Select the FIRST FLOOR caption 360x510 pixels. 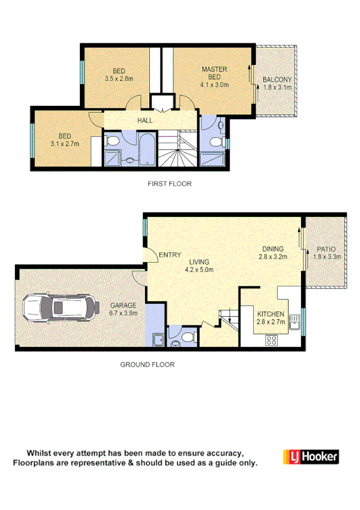(169, 184)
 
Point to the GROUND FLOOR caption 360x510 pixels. (147, 364)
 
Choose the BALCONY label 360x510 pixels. (277, 79)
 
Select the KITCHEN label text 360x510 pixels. (270, 314)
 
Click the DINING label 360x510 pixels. (273, 249)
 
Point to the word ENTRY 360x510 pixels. (169, 255)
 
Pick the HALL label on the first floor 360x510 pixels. (145, 120)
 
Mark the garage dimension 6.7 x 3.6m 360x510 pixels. (123, 313)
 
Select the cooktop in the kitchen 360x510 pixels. (272, 340)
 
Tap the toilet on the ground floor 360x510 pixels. (189, 337)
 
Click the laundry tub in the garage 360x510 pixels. (158, 341)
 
